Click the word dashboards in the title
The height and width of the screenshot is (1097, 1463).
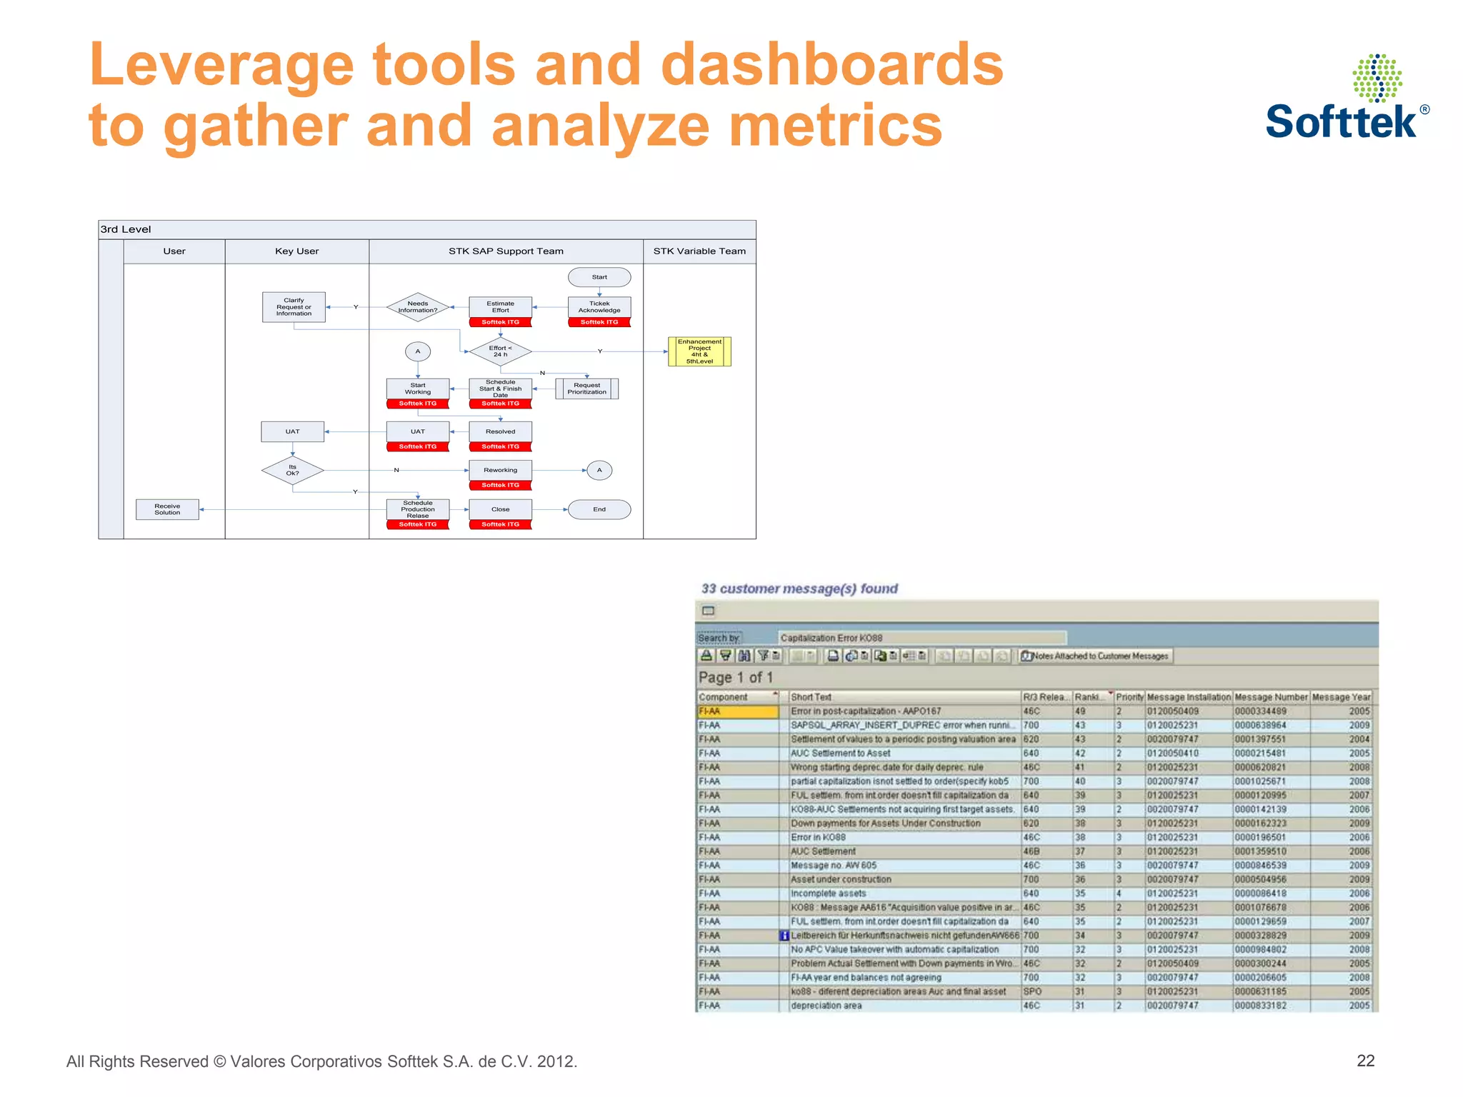point(832,64)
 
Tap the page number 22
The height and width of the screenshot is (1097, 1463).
point(1365,1061)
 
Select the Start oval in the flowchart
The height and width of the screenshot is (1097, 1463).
point(599,277)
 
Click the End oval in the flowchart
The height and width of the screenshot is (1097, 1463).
point(599,509)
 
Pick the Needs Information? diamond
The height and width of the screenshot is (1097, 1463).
point(418,307)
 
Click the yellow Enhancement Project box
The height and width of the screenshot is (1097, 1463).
point(699,351)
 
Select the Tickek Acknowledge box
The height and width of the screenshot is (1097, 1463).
point(599,307)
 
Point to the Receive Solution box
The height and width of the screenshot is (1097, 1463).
point(167,509)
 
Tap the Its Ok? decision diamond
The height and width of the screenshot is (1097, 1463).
point(293,470)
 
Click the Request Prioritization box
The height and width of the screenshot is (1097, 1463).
point(586,389)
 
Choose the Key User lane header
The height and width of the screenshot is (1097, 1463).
point(296,251)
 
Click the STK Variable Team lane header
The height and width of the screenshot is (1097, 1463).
point(699,251)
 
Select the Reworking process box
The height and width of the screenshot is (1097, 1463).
point(500,470)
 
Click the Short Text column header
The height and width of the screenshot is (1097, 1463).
point(811,697)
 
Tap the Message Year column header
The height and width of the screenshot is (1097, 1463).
point(1341,697)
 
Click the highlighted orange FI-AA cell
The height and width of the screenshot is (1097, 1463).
point(737,711)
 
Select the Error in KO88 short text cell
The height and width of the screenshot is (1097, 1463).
point(818,837)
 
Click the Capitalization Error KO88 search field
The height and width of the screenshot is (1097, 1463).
point(922,638)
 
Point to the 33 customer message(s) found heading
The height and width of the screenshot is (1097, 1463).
point(799,588)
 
